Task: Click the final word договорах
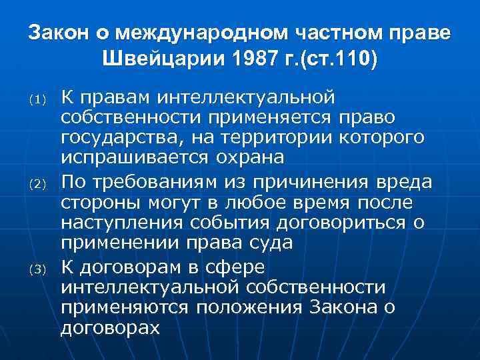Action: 110,328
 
